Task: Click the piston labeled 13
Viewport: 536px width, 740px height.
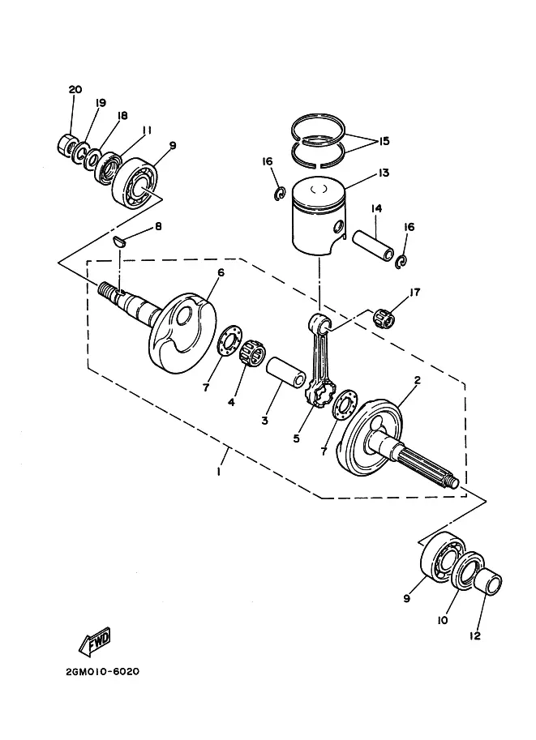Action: tap(319, 217)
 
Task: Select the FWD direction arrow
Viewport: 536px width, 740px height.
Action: tap(94, 642)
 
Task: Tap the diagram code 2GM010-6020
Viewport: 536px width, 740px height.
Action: tap(103, 672)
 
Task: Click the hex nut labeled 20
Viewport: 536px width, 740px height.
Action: tap(66, 144)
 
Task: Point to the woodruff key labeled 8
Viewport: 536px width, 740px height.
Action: tap(119, 242)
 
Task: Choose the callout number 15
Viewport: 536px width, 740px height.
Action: tap(384, 141)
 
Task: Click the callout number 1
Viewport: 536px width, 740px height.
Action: tap(219, 471)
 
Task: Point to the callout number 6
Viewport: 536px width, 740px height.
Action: tap(221, 272)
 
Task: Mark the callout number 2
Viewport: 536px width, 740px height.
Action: tap(418, 380)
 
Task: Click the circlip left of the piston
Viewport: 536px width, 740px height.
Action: tap(280, 194)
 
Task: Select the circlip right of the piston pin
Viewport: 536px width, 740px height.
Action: tap(402, 261)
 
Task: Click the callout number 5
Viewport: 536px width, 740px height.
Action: tap(296, 438)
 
